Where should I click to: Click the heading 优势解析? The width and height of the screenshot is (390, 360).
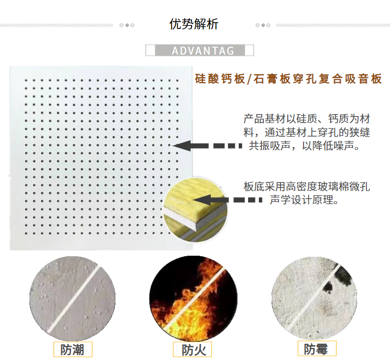click(194, 24)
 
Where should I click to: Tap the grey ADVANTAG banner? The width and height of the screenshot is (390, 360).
click(200, 50)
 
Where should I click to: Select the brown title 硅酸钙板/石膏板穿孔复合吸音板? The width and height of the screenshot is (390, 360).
click(288, 79)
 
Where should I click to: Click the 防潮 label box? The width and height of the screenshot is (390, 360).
click(73, 349)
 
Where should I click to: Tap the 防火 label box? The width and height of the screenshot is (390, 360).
click(192, 350)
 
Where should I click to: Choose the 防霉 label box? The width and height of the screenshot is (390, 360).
click(317, 348)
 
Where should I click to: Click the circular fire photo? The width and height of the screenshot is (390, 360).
click(193, 300)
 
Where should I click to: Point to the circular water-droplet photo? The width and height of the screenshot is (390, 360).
click(72, 299)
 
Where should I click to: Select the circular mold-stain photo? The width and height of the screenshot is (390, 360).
click(314, 298)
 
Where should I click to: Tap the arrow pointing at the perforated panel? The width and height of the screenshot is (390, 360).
click(207, 146)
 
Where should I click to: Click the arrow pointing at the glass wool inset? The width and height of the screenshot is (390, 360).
click(227, 200)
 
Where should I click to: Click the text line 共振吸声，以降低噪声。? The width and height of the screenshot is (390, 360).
click(305, 146)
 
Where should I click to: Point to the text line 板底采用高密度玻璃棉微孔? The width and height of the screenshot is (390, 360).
click(306, 186)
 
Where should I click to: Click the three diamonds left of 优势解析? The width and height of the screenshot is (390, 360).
click(127, 25)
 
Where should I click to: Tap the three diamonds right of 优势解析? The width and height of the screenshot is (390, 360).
click(263, 25)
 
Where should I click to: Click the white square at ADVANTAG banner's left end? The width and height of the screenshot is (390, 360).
click(150, 50)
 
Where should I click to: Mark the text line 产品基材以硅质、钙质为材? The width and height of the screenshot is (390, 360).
click(306, 119)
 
